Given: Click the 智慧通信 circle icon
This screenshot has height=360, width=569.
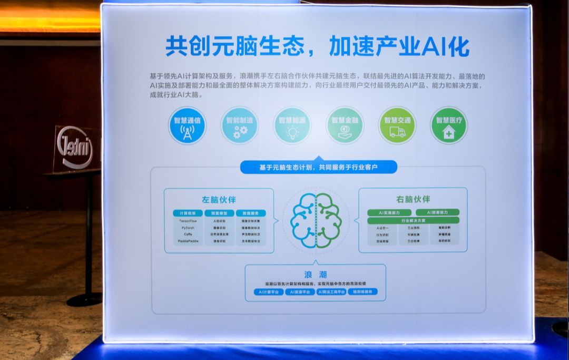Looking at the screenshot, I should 187,125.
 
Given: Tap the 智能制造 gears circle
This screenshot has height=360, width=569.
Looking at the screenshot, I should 239,125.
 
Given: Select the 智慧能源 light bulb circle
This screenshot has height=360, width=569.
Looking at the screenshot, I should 292,125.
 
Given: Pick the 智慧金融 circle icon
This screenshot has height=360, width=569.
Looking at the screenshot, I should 345,125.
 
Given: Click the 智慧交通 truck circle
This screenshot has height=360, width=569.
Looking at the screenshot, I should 397,125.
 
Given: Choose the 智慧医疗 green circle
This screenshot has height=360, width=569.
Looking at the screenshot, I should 448,125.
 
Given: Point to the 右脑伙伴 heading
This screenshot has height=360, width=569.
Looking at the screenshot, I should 413,199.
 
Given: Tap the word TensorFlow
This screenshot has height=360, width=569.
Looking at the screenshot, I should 187,221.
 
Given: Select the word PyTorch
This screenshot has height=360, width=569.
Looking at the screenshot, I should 187,228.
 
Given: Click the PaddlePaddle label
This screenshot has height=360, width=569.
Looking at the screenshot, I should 188,241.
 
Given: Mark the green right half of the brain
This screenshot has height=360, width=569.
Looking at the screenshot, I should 329,221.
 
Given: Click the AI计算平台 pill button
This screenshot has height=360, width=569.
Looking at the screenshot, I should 268,291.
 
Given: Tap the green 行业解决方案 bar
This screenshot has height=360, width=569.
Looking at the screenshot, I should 413,220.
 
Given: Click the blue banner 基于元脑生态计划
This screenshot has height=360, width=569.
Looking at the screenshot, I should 318,167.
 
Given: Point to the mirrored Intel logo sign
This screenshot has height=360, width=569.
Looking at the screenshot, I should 75,149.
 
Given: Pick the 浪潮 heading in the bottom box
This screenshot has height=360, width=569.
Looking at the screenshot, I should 315,275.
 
